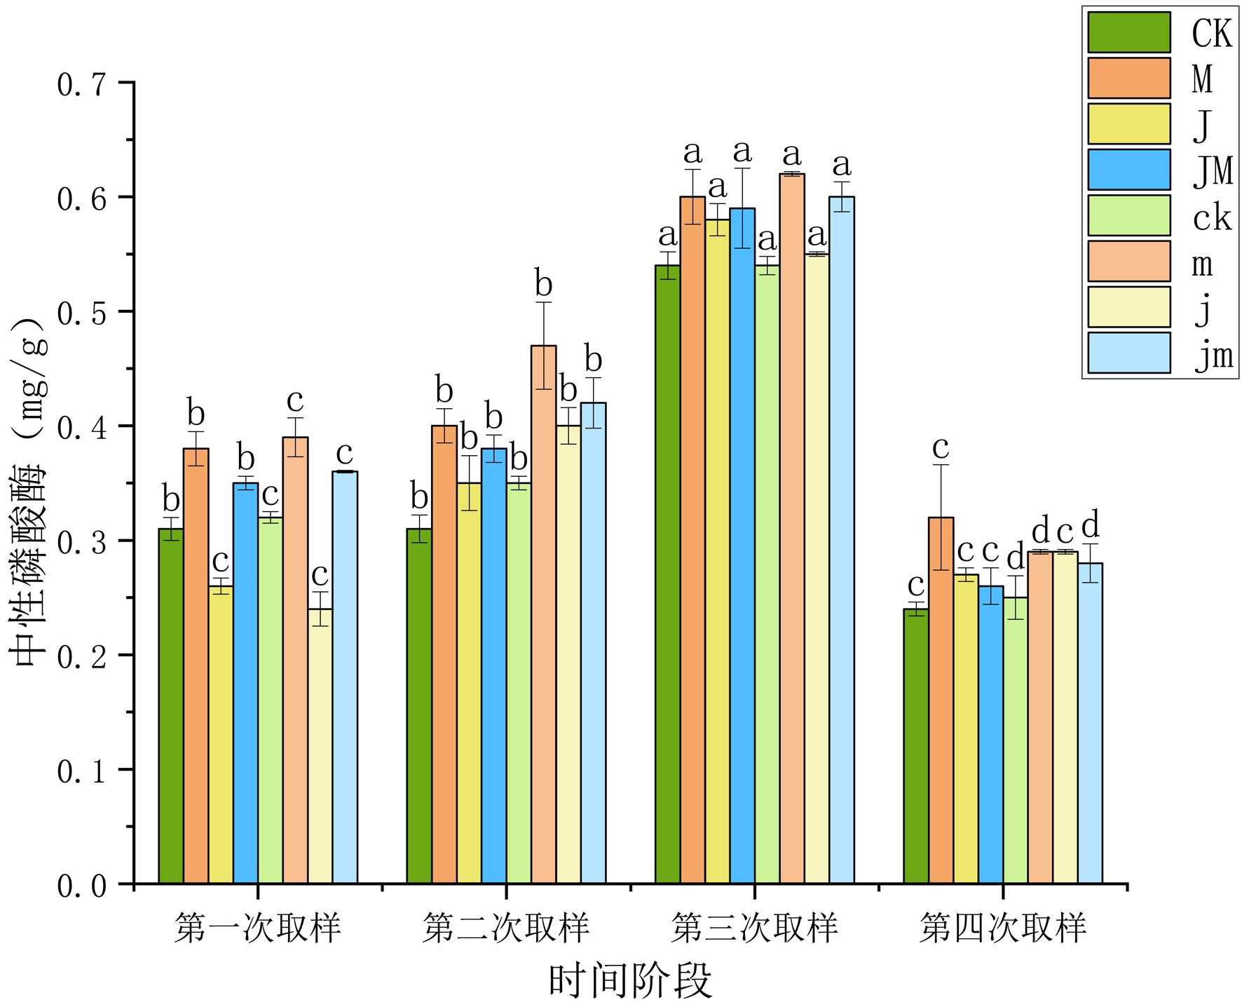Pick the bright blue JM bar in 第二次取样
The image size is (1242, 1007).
(x=494, y=665)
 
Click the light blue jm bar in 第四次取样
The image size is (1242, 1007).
(x=1090, y=723)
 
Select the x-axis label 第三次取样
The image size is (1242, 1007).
(x=754, y=928)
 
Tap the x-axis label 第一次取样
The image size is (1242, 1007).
(x=258, y=928)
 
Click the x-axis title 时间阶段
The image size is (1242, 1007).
(x=630, y=980)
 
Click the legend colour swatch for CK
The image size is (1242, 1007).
(x=1128, y=32)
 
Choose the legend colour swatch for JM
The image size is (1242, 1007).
(x=1128, y=170)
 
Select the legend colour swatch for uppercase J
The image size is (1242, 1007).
(x=1128, y=124)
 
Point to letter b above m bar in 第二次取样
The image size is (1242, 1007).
(x=543, y=285)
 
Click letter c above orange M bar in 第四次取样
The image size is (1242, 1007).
(x=941, y=447)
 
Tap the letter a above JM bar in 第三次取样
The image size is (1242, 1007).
(x=742, y=151)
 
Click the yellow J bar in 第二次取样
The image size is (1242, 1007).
(x=469, y=683)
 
